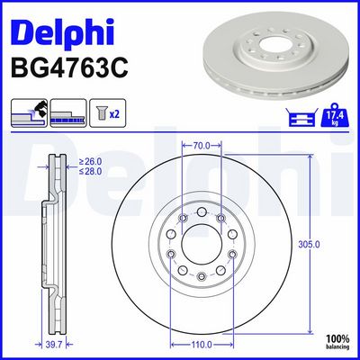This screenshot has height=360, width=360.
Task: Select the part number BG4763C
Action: point(69,67)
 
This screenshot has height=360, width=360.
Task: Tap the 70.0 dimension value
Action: point(202,146)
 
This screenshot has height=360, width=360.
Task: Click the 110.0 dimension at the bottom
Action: point(202,345)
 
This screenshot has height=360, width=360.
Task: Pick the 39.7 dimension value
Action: point(54,345)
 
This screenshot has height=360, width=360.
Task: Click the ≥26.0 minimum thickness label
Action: point(90,162)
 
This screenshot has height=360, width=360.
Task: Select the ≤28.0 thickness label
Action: point(90,171)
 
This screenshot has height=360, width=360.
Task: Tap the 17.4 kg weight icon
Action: point(335,114)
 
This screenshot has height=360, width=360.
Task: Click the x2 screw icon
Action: point(108,113)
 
